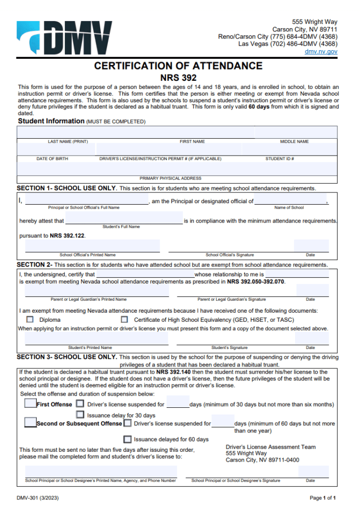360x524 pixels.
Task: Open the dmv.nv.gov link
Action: [321, 52]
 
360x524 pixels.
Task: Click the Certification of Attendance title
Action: [178, 66]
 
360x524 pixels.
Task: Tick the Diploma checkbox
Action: [30, 319]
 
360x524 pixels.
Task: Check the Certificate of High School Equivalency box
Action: [124, 319]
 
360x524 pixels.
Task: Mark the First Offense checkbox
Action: [30, 403]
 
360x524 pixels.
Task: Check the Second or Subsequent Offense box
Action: [30, 423]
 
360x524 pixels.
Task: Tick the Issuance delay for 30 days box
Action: [80, 414]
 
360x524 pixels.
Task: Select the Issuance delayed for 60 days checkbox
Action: [127, 439]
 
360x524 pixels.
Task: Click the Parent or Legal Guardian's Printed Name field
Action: [97, 291]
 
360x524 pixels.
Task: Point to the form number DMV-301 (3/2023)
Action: [40, 498]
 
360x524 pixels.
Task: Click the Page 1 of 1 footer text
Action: [323, 498]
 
